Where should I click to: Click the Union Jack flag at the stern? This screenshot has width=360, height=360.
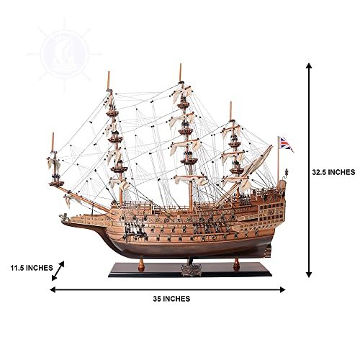(x=287, y=144)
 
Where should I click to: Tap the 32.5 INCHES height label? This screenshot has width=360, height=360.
(x=333, y=172)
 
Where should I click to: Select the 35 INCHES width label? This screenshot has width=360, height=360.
(x=171, y=299)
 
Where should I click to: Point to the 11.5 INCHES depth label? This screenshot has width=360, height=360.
(x=32, y=268)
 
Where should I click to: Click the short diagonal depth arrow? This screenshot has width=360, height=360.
(x=58, y=271)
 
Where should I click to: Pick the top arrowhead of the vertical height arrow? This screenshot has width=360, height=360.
(x=309, y=66)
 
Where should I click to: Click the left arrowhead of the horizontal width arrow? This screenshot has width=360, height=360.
(x=53, y=289)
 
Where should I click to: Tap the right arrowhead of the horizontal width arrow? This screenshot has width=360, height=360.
(x=282, y=289)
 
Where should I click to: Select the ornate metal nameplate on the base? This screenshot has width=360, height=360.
(x=192, y=270)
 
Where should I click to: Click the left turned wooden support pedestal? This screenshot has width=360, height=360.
(x=141, y=264)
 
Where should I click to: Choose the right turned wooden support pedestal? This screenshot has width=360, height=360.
(x=237, y=264)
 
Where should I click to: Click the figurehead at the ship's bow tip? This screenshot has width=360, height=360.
(x=63, y=217)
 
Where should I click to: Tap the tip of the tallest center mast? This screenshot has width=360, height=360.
(x=180, y=64)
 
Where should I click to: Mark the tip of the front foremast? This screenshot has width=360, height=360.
(x=108, y=71)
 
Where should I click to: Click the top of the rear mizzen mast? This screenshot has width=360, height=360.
(x=230, y=102)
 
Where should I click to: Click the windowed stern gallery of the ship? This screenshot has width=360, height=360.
(x=271, y=212)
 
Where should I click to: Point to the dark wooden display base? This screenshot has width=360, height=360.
(x=190, y=270)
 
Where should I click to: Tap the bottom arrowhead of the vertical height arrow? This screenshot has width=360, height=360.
(x=309, y=274)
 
